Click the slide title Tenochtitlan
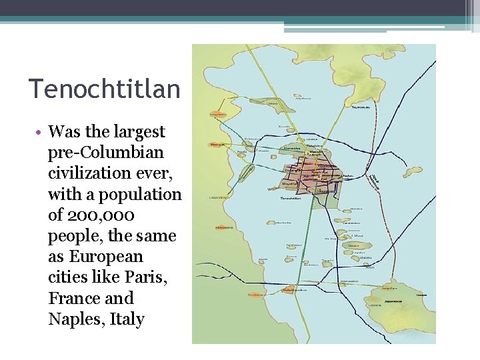click(104, 89)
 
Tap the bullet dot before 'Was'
click(40, 132)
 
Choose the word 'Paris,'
click(147, 277)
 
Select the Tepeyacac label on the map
click(360, 106)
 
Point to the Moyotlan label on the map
click(291, 181)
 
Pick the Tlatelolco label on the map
click(315, 145)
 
